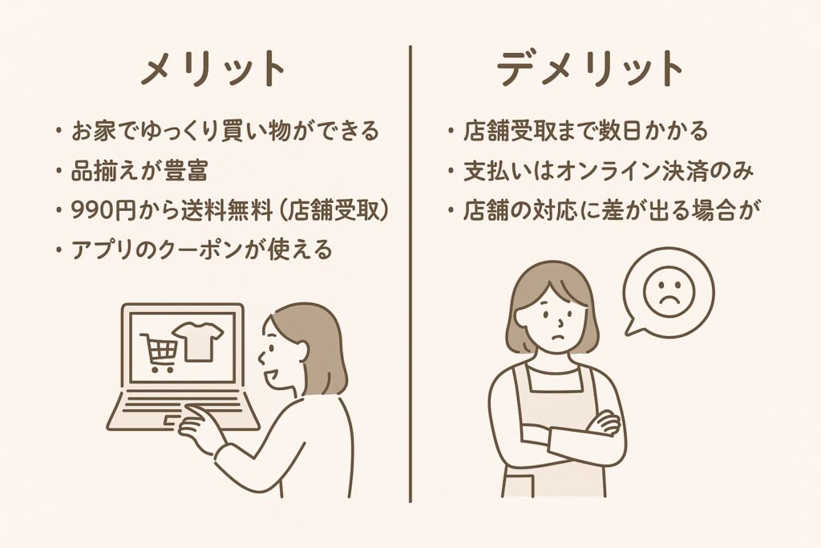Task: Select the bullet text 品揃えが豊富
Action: [x=140, y=172]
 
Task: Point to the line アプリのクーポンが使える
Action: [x=202, y=250]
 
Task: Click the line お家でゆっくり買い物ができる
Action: [x=225, y=131]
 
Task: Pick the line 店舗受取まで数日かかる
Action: [x=585, y=131]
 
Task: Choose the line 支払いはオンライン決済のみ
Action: [x=609, y=172]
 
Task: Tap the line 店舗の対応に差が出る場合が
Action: [x=611, y=211]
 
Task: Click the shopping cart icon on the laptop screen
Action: [x=158, y=352]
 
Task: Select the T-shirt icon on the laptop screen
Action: [x=199, y=341]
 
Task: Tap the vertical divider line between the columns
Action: [x=410, y=274]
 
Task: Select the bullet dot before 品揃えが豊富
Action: [x=58, y=172]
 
